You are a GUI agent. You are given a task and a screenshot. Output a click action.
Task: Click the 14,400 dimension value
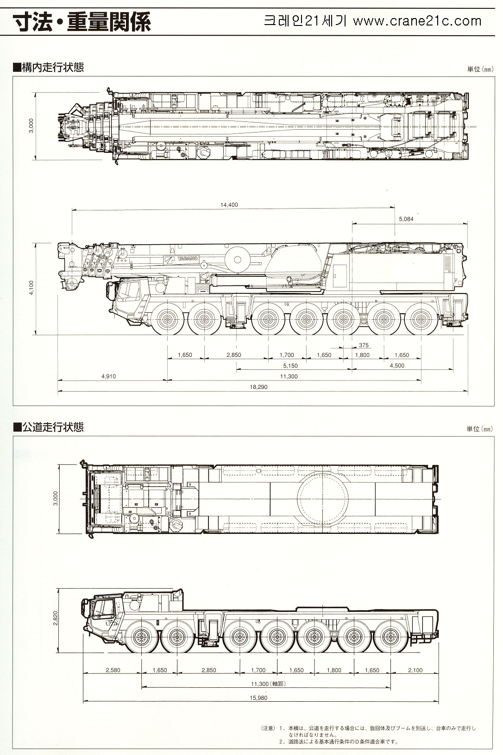point(229,204)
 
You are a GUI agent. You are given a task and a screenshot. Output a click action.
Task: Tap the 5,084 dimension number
point(406,219)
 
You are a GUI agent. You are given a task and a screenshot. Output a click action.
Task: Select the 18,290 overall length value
point(258,387)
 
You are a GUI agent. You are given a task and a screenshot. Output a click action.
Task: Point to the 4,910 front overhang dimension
point(108,376)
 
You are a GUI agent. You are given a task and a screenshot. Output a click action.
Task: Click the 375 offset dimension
point(364,345)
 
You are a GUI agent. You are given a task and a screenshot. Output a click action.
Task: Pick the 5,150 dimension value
point(290,365)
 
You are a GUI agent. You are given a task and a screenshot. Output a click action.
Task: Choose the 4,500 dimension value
point(397,365)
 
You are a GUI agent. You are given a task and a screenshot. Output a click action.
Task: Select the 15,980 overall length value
point(258,698)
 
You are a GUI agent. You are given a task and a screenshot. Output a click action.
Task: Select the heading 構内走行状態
point(48,67)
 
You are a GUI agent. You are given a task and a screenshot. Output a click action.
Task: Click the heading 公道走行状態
point(48,427)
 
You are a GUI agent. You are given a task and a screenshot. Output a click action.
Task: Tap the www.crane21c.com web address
point(417,21)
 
